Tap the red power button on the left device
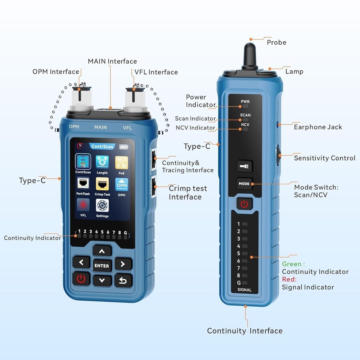pyautogui.click(x=81, y=279)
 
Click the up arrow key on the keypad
pyautogui.click(x=102, y=251)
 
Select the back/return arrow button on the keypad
pyautogui.click(x=123, y=280)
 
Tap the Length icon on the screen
pyautogui.click(x=102, y=162)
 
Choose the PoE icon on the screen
pyautogui.click(x=121, y=162)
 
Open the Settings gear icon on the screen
pyautogui.click(x=102, y=206)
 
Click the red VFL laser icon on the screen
pyautogui.click(x=83, y=205)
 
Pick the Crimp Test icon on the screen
pyautogui.click(x=102, y=184)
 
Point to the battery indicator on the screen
pyautogui.click(x=123, y=147)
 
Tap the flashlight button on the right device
pyautogui.click(x=245, y=166)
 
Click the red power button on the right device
pyautogui.click(x=244, y=204)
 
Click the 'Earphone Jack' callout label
pyautogui.click(x=318, y=127)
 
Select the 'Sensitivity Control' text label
pyautogui.click(x=324, y=158)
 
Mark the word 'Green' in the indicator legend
pyautogui.click(x=292, y=264)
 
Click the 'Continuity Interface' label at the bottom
pyautogui.click(x=244, y=331)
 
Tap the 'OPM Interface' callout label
pyautogui.click(x=56, y=72)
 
